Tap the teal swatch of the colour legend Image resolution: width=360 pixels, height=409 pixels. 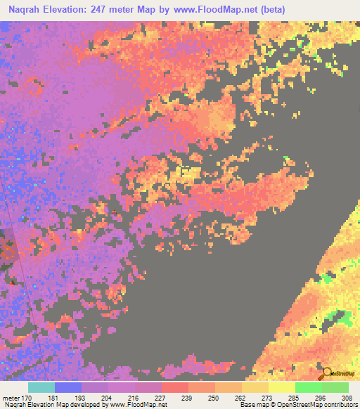41,387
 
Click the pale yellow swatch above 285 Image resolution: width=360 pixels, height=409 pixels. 282,387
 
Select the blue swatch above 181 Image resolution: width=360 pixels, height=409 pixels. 68,387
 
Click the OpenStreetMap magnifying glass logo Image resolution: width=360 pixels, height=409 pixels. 326,372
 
